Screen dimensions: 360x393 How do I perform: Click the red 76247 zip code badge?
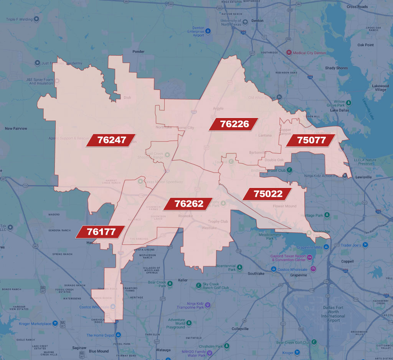[112, 140]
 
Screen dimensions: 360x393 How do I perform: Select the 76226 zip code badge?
[234, 124]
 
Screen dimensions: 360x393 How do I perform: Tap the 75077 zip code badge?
[311, 140]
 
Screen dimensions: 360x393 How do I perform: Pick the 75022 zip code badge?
[268, 194]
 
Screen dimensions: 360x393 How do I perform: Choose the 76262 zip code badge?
[189, 204]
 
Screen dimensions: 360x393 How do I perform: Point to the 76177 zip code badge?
[101, 232]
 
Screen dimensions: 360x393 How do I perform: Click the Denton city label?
[257, 21]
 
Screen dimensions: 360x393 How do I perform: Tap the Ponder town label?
[138, 51]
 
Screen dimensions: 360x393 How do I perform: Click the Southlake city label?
[256, 274]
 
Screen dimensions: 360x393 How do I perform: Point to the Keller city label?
[183, 280]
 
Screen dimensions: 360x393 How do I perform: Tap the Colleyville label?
[240, 329]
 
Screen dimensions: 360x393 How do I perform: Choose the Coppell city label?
[347, 261]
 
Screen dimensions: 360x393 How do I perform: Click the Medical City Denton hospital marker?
[289, 53]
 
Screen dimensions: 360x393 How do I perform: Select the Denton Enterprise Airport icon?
[208, 31]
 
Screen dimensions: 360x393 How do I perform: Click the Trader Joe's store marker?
[366, 245]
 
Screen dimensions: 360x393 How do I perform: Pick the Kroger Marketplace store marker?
[56, 324]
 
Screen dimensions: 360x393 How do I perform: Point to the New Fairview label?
[16, 129]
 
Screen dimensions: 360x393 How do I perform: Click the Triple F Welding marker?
[36, 19]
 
